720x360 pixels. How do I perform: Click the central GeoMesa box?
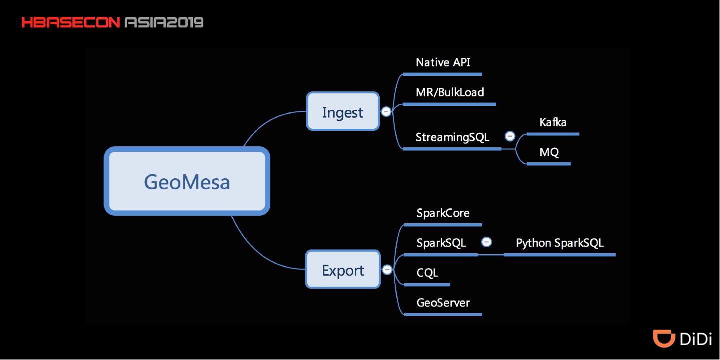(187, 181)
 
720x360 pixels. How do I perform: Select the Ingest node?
(343, 111)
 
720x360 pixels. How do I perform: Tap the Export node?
(343, 270)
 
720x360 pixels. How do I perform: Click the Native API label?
(443, 62)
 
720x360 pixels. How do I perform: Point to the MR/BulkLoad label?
(450, 92)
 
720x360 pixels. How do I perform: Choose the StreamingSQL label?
(452, 137)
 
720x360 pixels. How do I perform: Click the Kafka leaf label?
(553, 122)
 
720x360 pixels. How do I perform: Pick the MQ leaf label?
(549, 152)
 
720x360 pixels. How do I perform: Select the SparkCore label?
(443, 213)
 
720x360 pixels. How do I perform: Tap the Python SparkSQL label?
(560, 243)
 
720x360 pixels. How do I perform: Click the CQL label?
(427, 273)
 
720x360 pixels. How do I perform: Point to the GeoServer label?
(443, 303)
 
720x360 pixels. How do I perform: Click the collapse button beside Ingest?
(386, 112)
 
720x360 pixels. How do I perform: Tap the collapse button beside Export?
(387, 270)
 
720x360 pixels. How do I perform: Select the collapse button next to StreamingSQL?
(510, 136)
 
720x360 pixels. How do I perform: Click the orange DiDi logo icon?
(664, 338)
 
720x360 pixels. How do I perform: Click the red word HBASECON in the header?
(70, 22)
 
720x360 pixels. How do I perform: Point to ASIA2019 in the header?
(163, 22)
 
